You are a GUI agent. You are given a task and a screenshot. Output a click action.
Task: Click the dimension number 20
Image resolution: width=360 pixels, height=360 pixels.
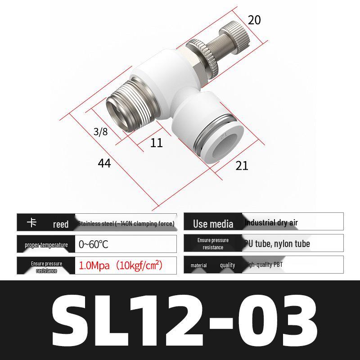(254, 20)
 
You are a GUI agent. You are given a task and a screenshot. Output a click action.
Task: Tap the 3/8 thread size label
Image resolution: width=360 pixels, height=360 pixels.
(100, 132)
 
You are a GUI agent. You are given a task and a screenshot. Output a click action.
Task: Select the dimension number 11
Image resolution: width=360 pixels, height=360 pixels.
(156, 143)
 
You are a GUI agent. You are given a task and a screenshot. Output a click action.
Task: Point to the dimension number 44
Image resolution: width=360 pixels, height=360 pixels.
(104, 163)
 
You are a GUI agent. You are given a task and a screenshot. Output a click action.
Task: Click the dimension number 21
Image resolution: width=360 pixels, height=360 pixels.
(242, 166)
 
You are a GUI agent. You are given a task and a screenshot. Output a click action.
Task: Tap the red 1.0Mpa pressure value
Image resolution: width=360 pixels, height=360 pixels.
(121, 265)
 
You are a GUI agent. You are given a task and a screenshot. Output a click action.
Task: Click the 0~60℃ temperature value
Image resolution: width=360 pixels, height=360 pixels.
(93, 245)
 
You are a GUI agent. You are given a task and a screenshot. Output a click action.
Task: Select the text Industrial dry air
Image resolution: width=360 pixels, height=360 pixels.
(271, 223)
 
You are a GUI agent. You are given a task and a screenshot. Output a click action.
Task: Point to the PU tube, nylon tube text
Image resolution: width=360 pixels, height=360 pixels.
(277, 244)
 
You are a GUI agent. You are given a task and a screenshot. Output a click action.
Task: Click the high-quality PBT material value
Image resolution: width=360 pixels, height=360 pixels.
(264, 265)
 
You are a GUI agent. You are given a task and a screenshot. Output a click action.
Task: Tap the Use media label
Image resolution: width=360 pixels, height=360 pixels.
(213, 224)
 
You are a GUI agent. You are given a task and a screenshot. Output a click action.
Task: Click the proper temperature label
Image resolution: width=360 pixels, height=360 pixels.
(46, 245)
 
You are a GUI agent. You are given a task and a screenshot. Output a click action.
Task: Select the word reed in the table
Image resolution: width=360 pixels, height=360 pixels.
(61, 224)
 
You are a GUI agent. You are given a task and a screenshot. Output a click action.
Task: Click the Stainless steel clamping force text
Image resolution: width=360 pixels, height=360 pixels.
(126, 223)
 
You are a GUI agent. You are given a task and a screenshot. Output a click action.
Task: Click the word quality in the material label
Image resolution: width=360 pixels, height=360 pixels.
(227, 265)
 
